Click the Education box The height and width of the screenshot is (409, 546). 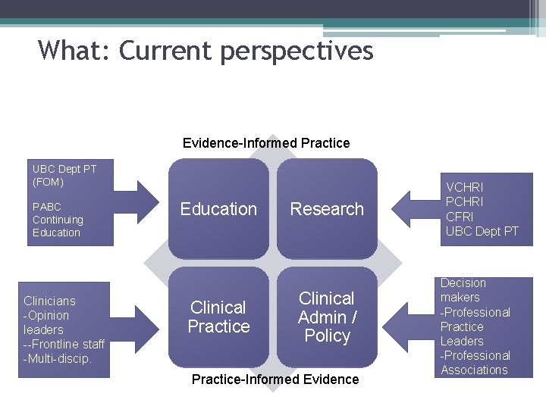[x=218, y=209]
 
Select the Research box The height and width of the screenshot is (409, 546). [x=327, y=209]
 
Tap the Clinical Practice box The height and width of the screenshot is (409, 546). [x=218, y=317]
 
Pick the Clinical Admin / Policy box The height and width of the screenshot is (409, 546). [x=327, y=317]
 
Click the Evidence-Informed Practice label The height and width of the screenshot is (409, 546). [x=266, y=143]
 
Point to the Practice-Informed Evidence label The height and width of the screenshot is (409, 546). [x=275, y=379]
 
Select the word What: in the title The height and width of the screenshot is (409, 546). [x=74, y=51]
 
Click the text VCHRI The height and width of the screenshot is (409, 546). [x=465, y=187]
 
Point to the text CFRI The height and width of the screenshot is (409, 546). [x=460, y=217]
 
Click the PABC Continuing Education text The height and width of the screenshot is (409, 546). [x=58, y=220]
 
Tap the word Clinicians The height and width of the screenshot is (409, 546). [x=49, y=301]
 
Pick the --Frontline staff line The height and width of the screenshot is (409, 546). [x=64, y=344]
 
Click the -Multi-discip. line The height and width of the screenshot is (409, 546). [x=58, y=358]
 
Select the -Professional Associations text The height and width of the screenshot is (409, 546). [x=475, y=363]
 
